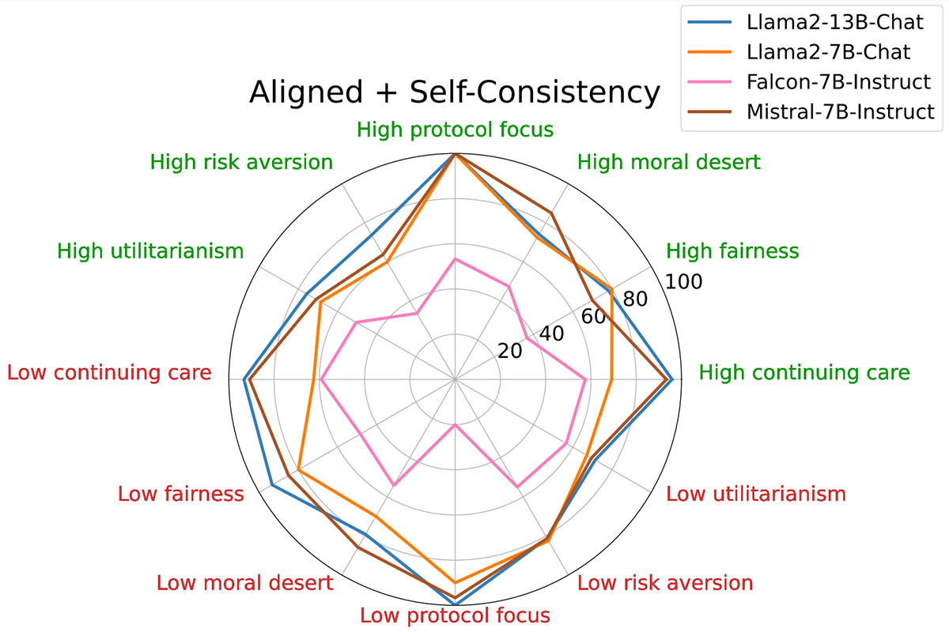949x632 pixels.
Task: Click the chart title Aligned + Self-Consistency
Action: [x=454, y=92]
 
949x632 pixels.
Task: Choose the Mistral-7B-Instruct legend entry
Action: [x=840, y=112]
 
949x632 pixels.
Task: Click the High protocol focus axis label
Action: [x=454, y=129]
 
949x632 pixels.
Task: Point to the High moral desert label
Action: [x=668, y=163]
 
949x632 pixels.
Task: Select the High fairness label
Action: [x=732, y=251]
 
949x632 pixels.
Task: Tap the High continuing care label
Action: [x=804, y=373]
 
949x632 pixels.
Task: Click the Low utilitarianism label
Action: [x=756, y=495]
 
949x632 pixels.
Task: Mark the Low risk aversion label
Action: [x=664, y=584]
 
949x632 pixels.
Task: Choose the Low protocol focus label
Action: [x=454, y=615]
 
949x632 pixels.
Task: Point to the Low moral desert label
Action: [x=244, y=584]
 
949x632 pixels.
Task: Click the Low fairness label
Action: [x=180, y=495]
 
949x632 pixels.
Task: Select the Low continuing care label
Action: [x=109, y=373]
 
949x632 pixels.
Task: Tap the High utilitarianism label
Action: [x=149, y=251]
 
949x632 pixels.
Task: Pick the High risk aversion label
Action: [x=241, y=163]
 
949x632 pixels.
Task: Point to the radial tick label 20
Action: [x=512, y=351]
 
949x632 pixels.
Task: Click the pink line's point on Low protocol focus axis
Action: [x=455, y=425]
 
